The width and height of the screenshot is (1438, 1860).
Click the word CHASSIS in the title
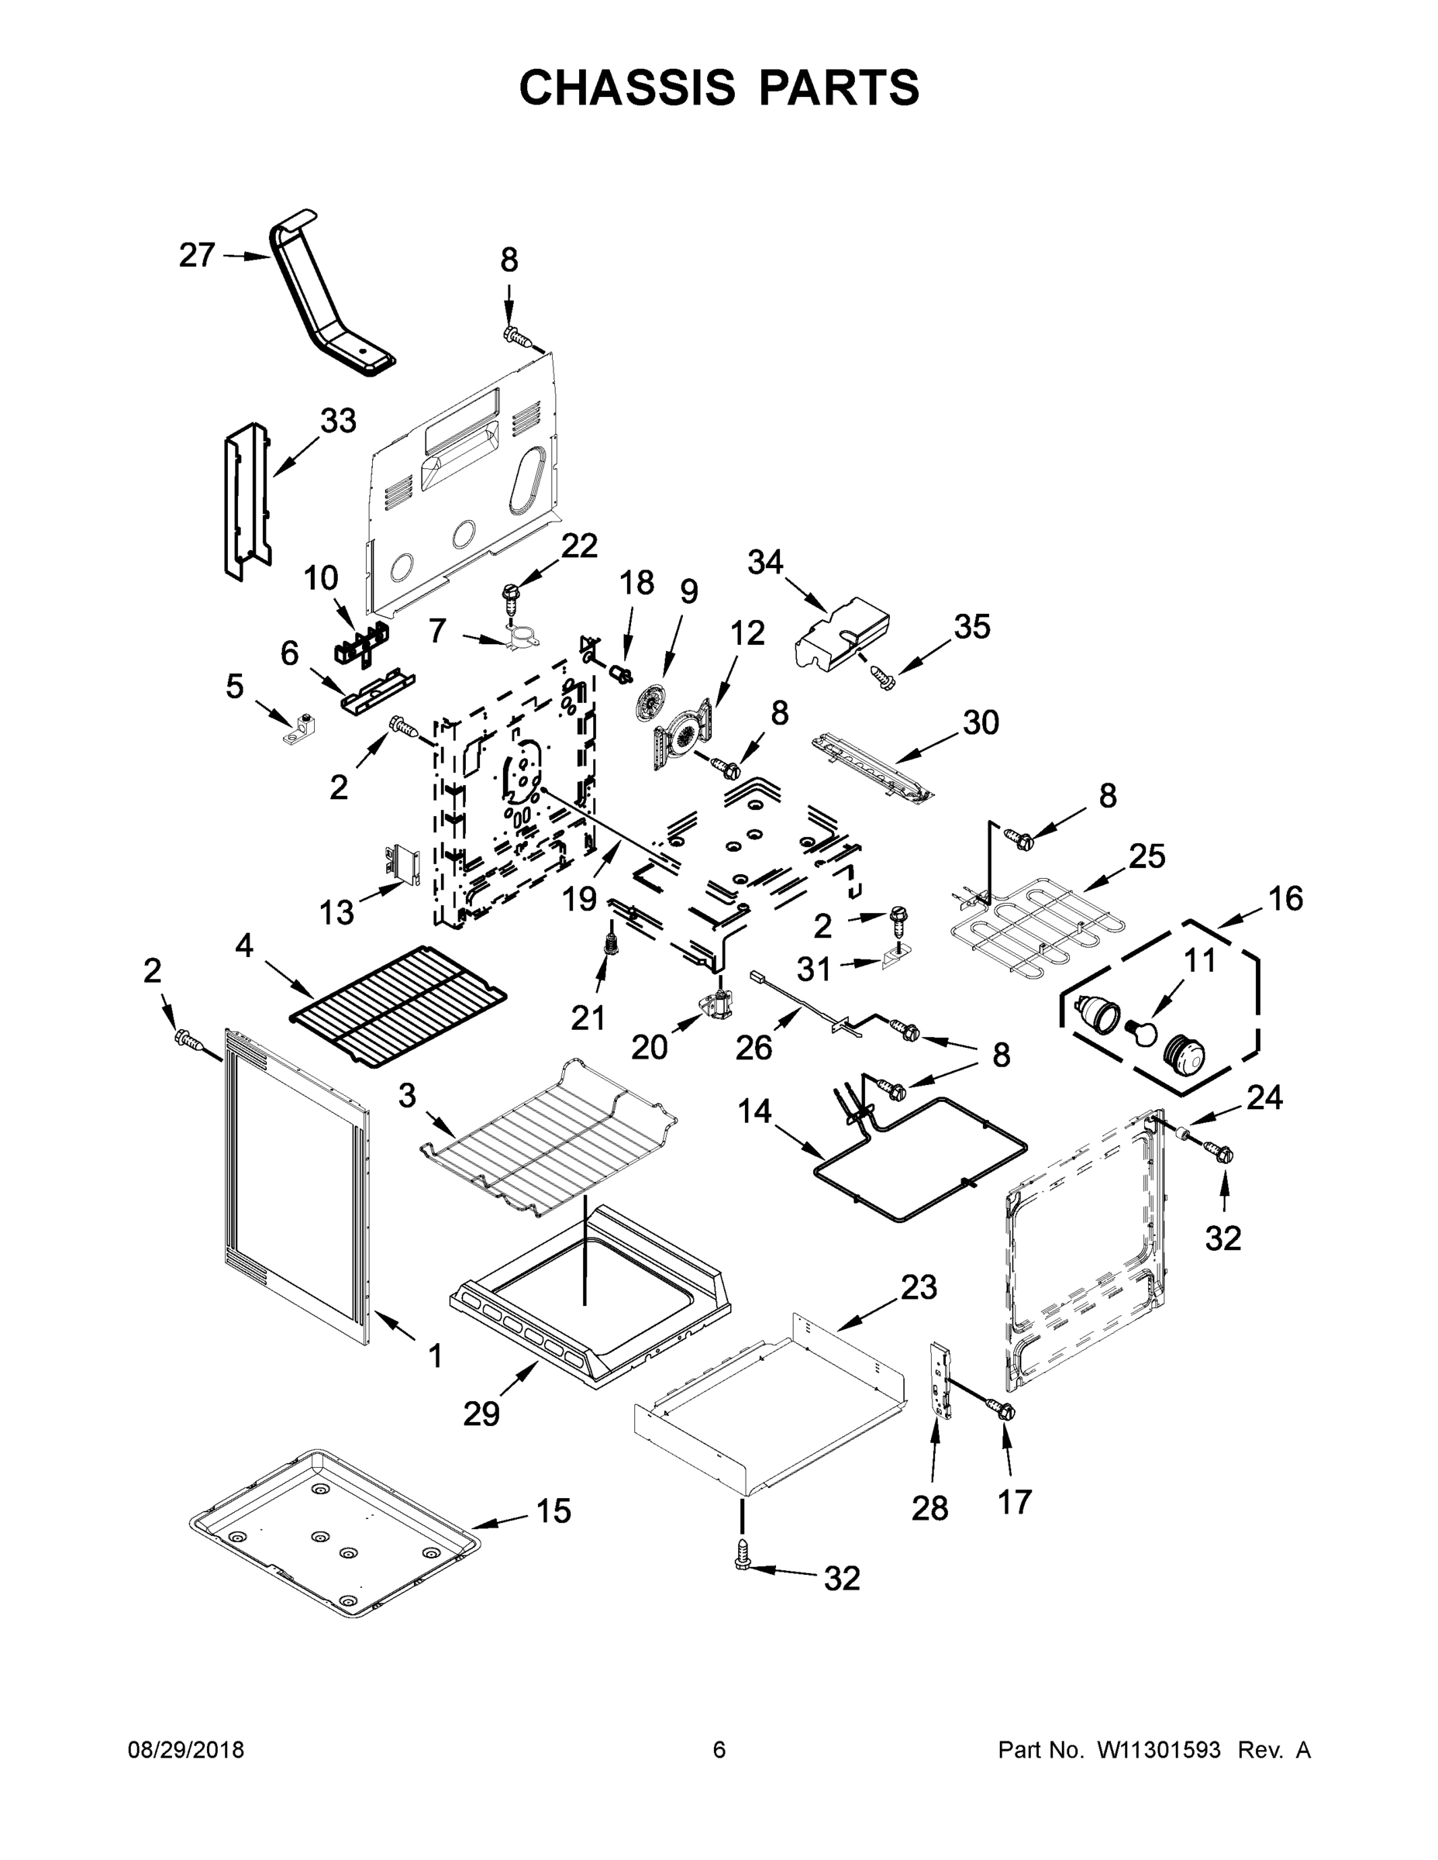click(627, 87)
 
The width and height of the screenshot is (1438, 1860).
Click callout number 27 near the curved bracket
click(197, 255)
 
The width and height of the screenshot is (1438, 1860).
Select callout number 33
click(338, 421)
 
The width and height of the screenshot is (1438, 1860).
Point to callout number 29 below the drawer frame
click(481, 1414)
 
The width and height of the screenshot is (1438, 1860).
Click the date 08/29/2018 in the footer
click(186, 1750)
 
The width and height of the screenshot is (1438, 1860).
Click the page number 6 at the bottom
click(719, 1750)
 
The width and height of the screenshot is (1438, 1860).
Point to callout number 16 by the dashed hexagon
click(1285, 898)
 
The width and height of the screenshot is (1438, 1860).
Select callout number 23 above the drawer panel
click(919, 1286)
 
